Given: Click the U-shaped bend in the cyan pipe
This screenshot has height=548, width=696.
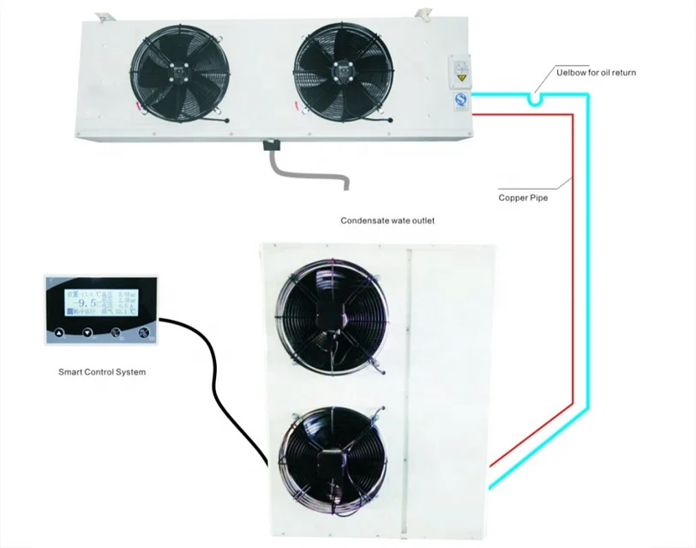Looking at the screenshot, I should (536, 100).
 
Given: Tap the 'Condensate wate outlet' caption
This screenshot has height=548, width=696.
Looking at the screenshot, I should (387, 220).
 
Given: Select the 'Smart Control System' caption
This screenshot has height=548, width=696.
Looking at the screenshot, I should (101, 372).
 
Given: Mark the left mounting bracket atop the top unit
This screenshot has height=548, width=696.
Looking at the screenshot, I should (104, 15).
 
